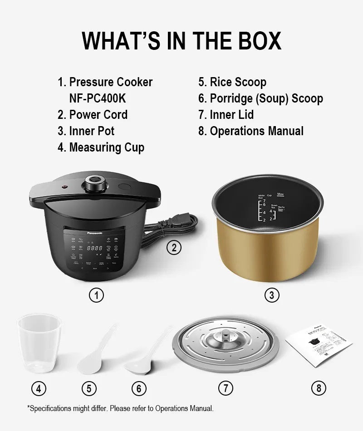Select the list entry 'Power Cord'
[98, 115]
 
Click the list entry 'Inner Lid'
[231, 115]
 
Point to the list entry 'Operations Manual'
[256, 131]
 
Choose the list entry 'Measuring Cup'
[107, 147]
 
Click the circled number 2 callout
[174, 247]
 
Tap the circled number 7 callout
[226, 388]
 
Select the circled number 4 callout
[39, 388]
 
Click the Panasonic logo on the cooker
[95, 233]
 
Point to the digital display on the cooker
[94, 248]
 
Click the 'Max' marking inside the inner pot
[280, 194]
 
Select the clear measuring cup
[39, 343]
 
